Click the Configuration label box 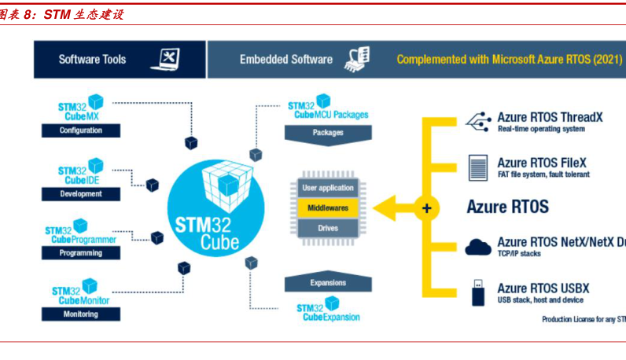tap(81, 130)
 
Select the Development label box tap(81, 194)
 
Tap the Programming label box tap(81, 253)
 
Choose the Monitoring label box tap(81, 314)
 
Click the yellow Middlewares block tap(328, 208)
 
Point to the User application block tap(328, 189)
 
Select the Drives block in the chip tap(328, 228)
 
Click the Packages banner tap(328, 134)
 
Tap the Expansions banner tap(328, 282)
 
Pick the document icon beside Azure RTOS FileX tap(477, 167)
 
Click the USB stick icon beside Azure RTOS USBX tap(477, 292)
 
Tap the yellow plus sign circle tap(427, 208)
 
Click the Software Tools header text tap(92, 60)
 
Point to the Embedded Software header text tap(286, 60)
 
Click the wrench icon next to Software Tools tap(168, 59)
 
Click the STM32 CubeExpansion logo tap(327, 310)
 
